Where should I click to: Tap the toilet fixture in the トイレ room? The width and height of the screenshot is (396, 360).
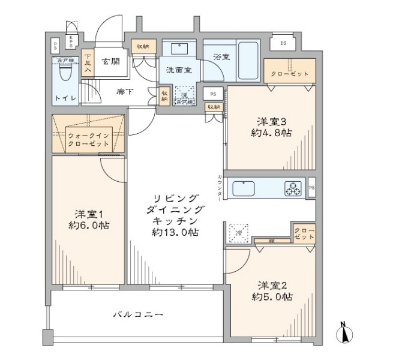point(67,73)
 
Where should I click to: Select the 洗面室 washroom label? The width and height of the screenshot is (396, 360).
point(178,70)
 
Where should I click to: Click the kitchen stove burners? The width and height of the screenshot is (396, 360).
point(294,188)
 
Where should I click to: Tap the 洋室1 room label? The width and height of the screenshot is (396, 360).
point(87,214)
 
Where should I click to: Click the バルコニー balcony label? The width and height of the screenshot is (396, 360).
point(138,314)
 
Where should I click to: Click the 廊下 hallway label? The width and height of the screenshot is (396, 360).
point(125,91)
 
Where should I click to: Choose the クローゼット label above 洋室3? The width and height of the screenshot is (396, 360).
point(290,74)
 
